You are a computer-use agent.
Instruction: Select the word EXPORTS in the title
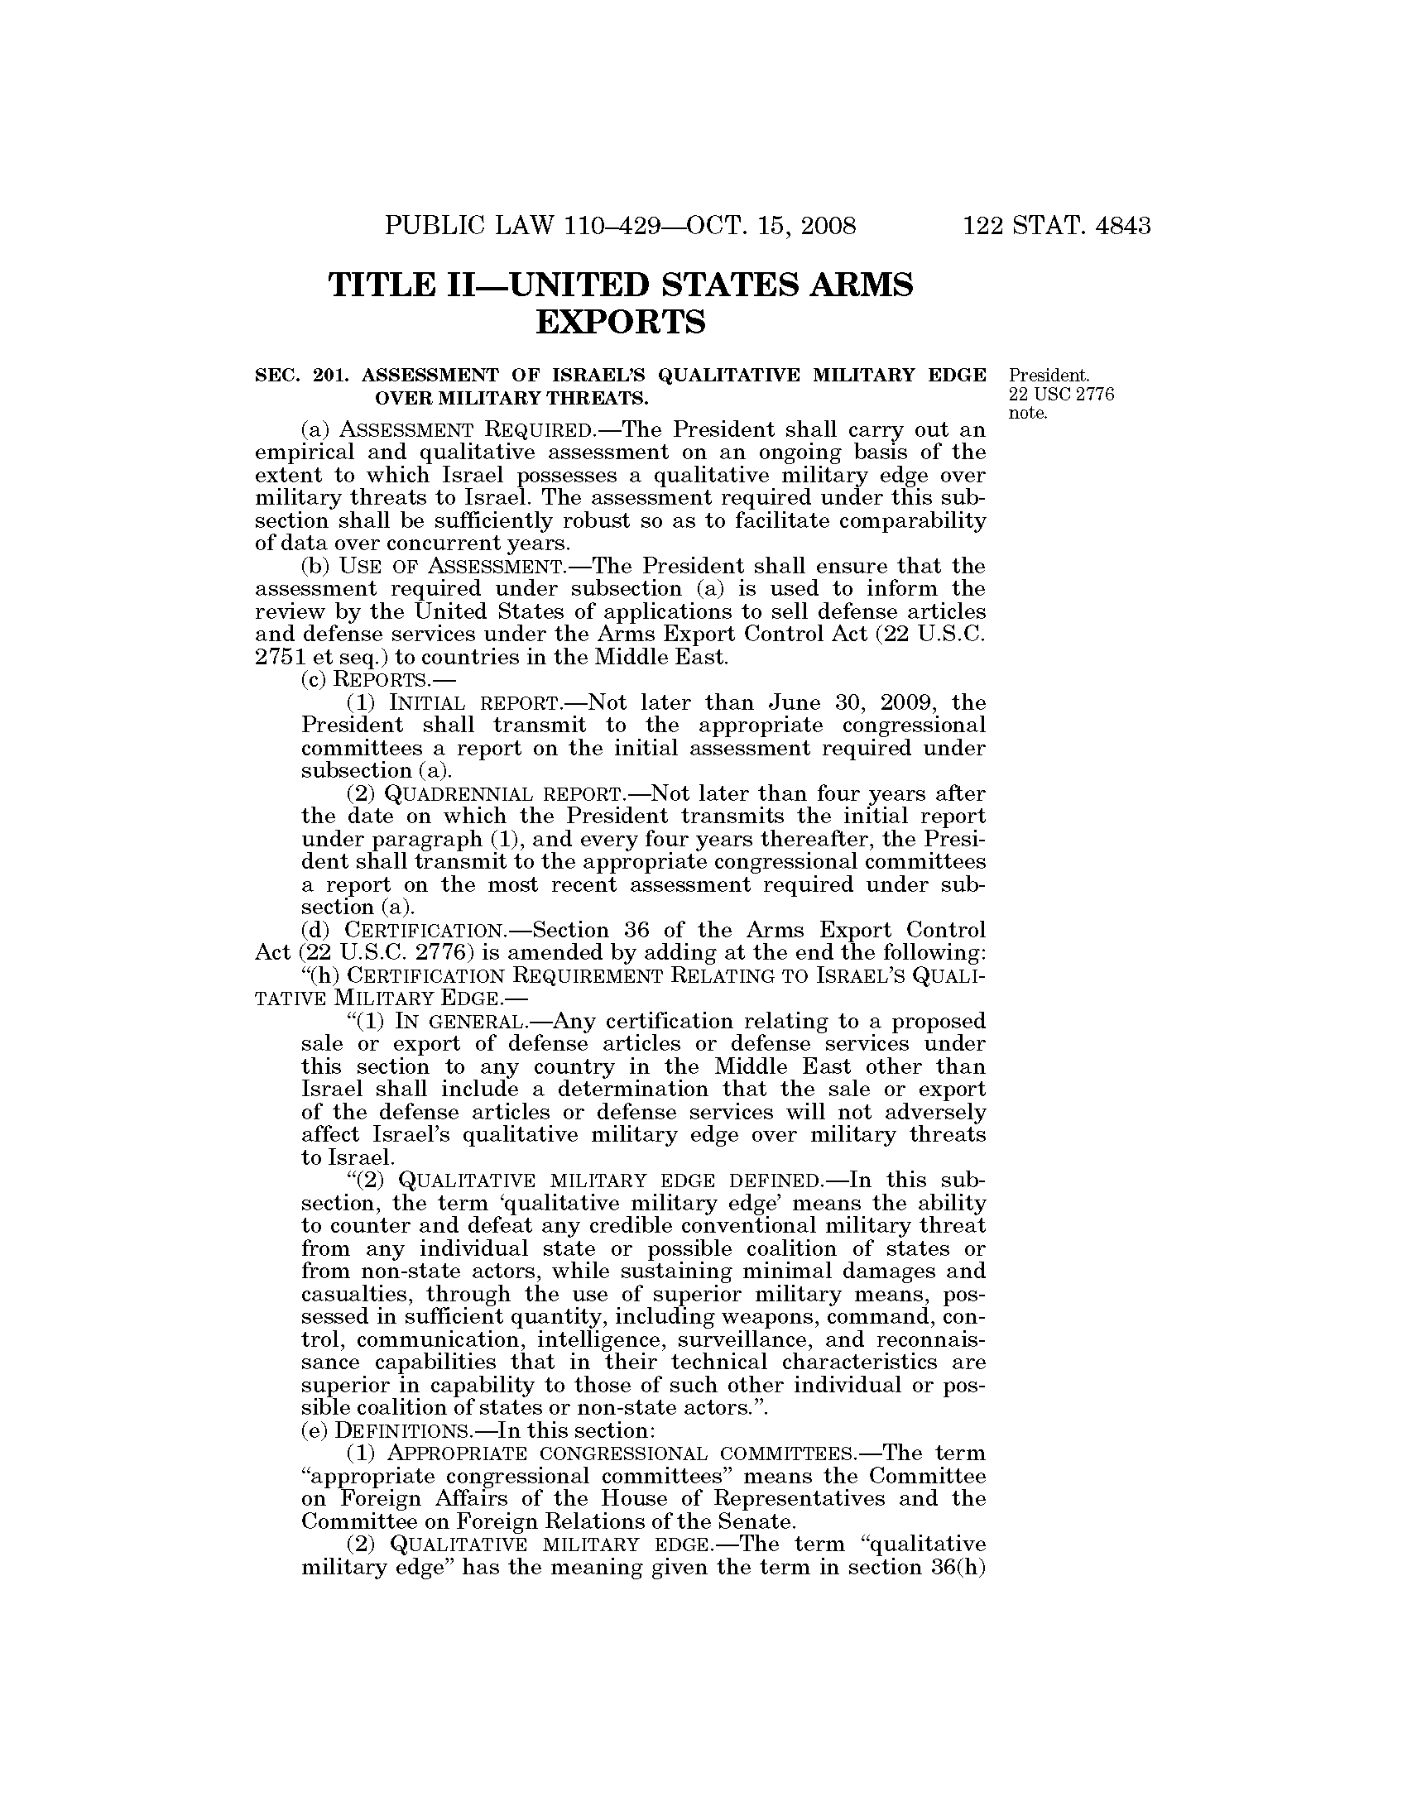pos(620,322)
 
